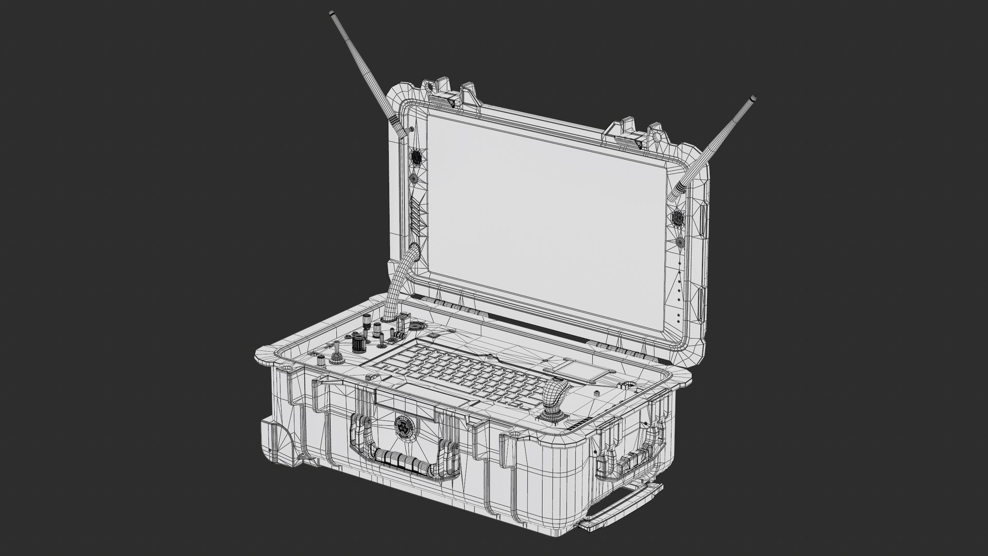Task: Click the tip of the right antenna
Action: [x=753, y=98]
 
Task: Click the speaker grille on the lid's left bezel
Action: [x=416, y=157]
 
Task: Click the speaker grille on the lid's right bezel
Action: [x=677, y=218]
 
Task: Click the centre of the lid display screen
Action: [x=545, y=206]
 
